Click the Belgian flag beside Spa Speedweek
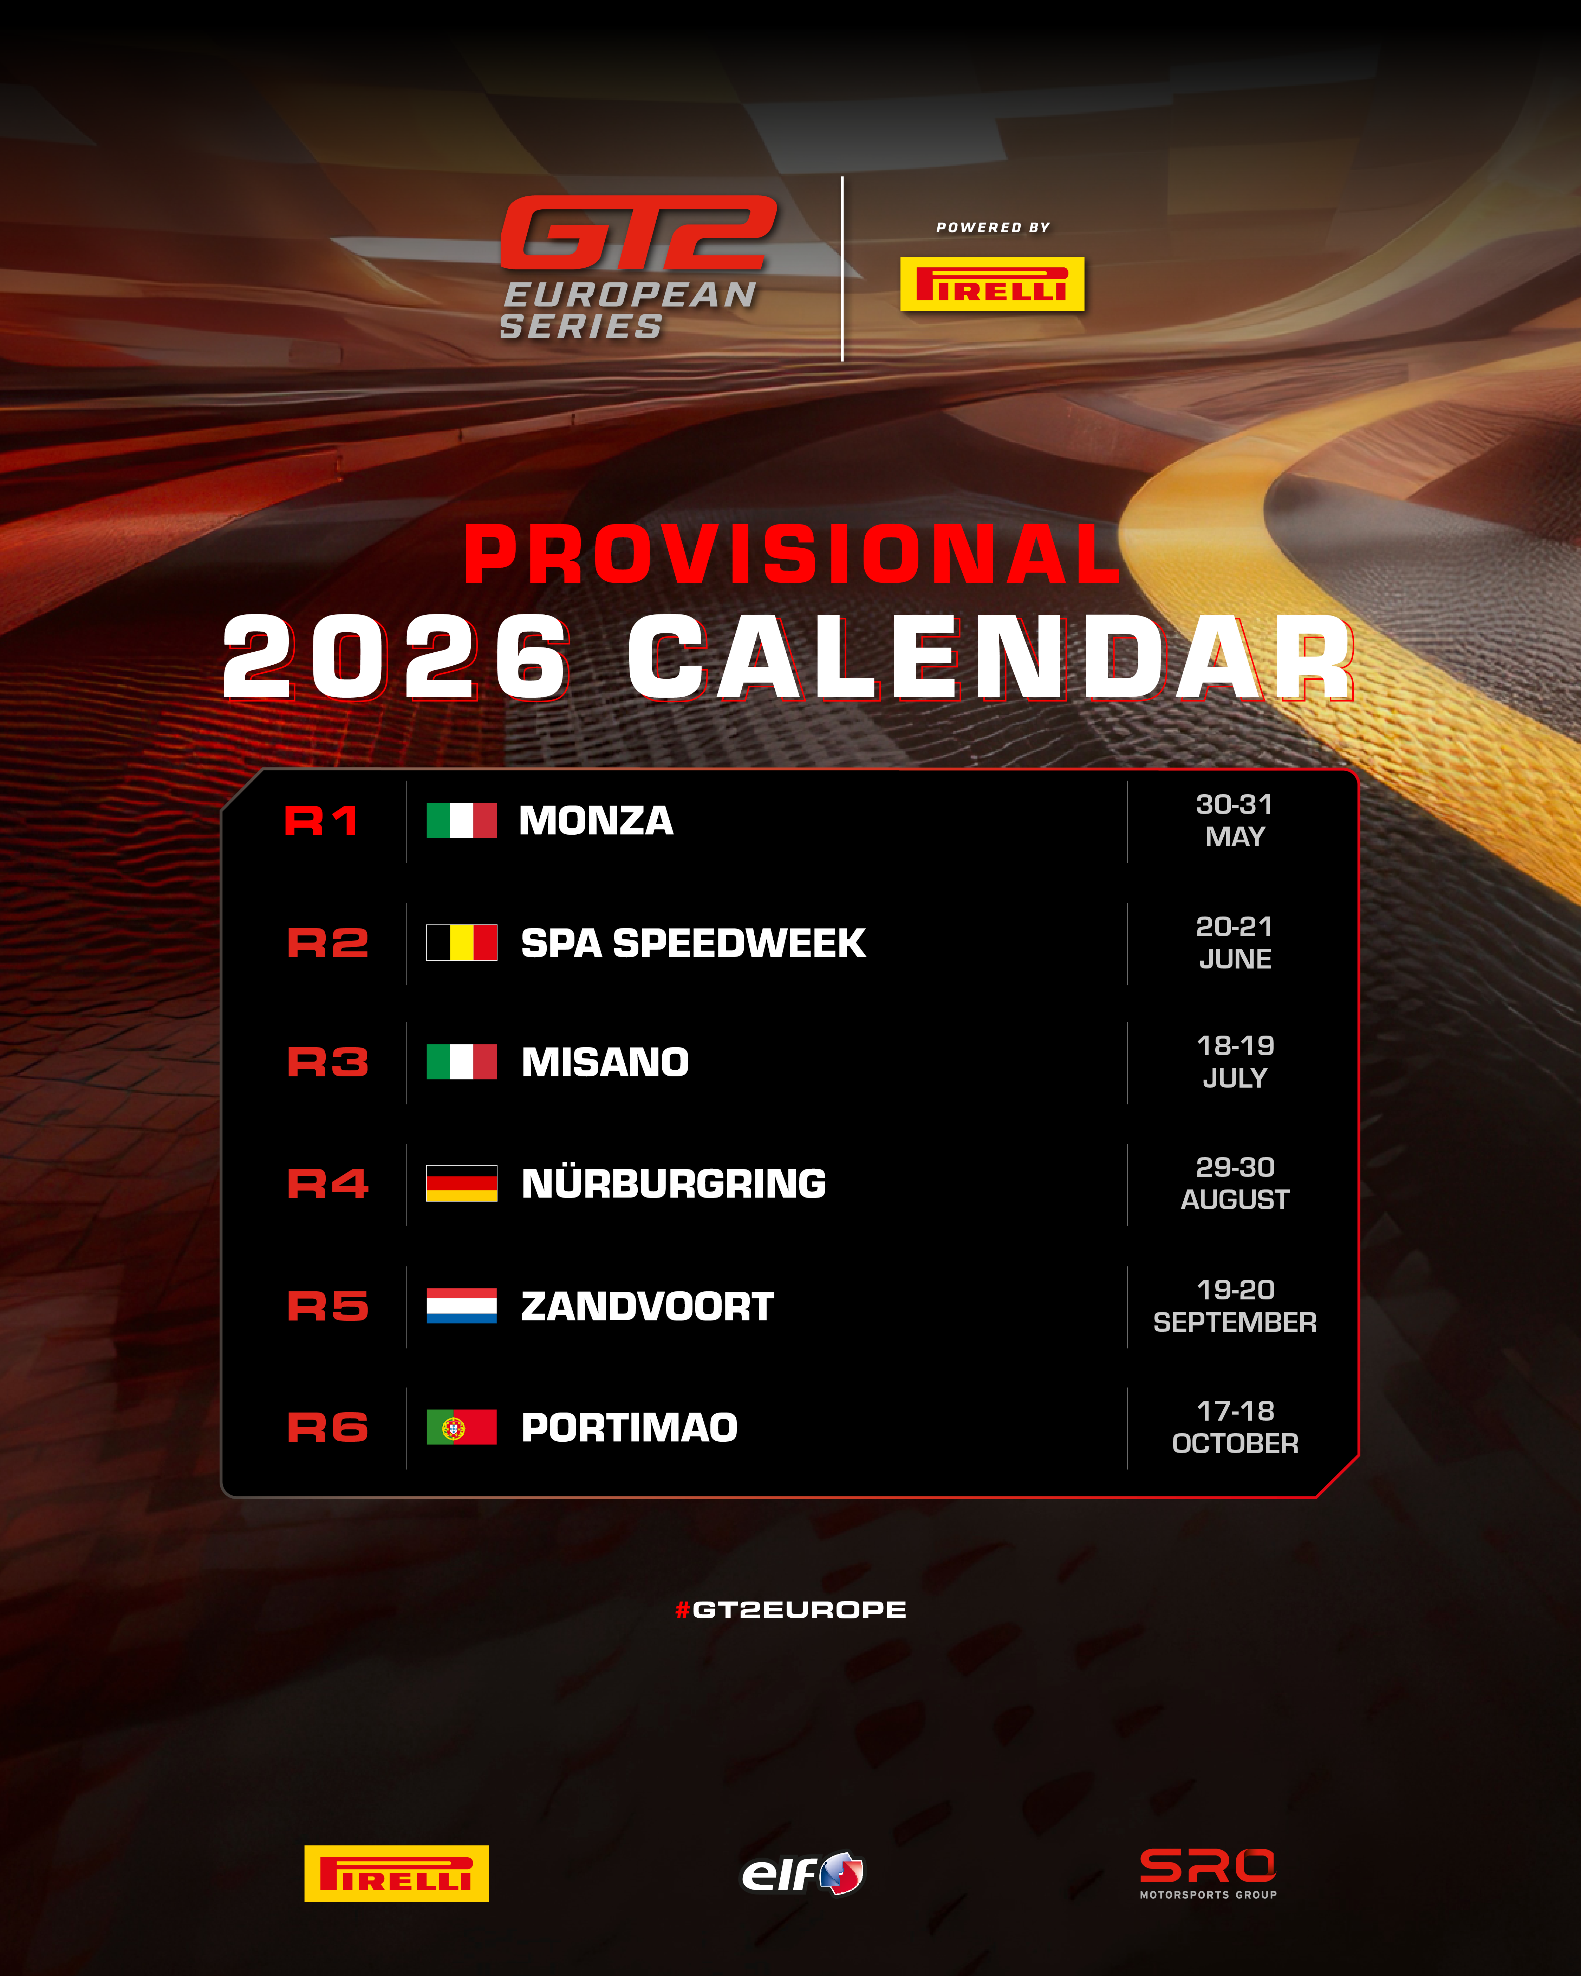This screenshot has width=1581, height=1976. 461,942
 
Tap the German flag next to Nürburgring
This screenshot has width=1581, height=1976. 461,1183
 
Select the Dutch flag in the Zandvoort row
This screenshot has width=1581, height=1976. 461,1305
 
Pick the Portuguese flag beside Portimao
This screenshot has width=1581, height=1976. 461,1427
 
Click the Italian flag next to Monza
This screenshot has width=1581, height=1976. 461,820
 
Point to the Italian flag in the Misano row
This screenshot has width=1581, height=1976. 461,1061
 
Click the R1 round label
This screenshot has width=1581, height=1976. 321,820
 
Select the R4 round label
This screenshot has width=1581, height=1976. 327,1183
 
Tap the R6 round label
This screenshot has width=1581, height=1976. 327,1427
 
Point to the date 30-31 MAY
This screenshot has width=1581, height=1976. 1235,820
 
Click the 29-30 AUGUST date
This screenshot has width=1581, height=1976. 1235,1183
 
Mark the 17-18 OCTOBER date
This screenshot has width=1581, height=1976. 1235,1427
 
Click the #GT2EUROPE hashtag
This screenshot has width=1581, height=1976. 790,1609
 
